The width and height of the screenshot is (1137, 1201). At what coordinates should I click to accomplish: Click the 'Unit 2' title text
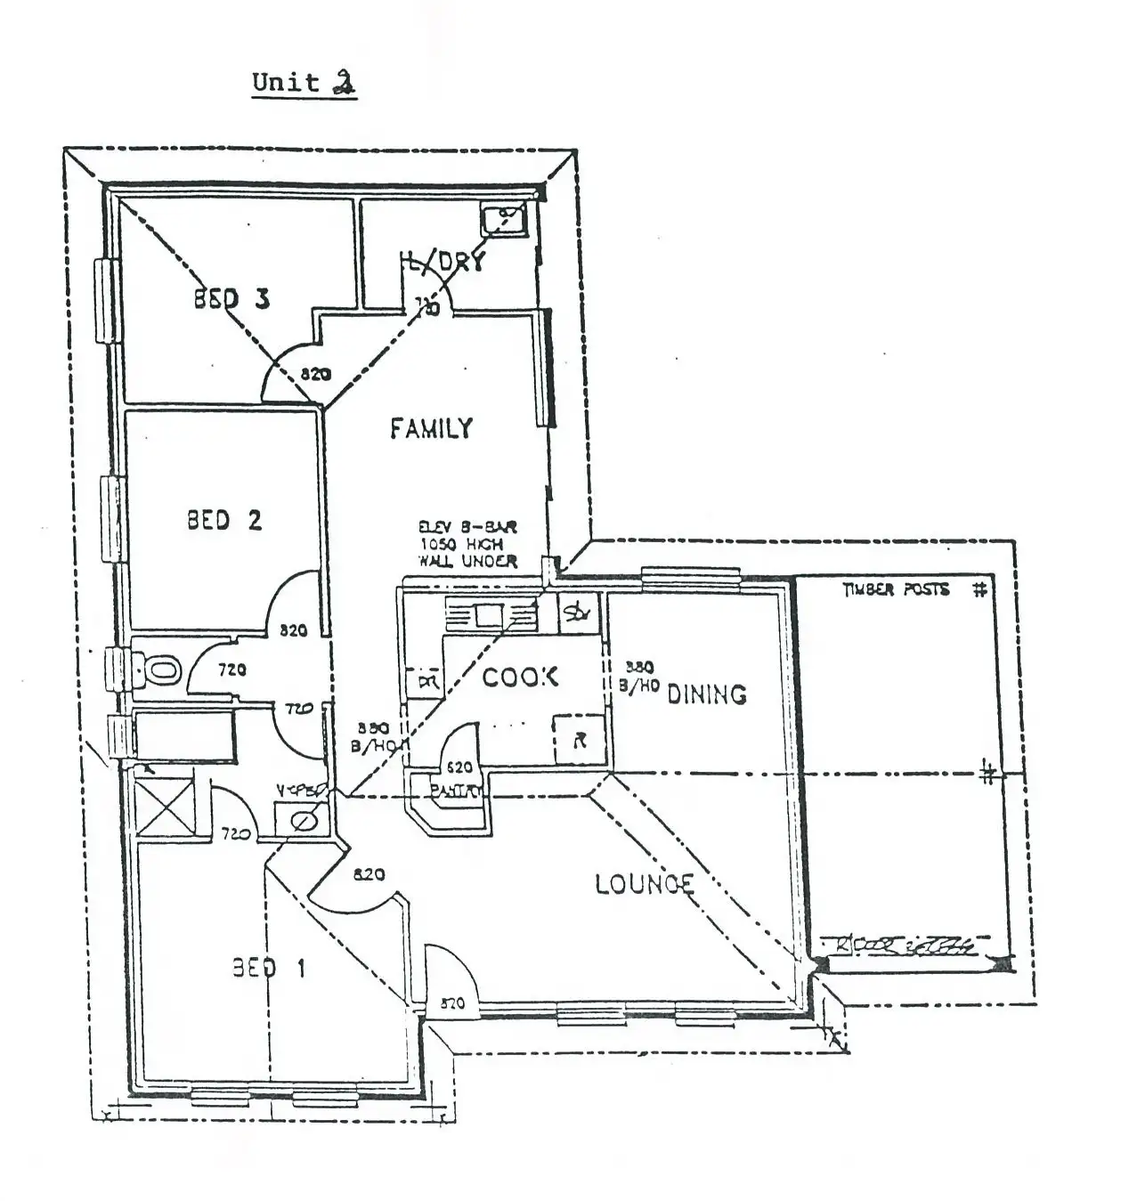click(x=304, y=83)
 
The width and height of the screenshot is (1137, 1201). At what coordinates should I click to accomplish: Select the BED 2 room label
click(x=224, y=519)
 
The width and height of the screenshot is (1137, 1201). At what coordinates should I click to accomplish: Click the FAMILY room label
click(x=431, y=428)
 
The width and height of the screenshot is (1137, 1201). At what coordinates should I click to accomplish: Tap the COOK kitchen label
click(x=520, y=677)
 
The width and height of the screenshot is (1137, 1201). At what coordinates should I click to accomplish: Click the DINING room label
click(x=706, y=694)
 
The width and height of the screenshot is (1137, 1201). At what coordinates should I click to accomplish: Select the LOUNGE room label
click(x=645, y=883)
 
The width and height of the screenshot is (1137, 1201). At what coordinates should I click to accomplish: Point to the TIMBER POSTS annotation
click(x=896, y=589)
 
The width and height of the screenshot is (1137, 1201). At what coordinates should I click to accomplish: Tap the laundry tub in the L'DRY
click(x=504, y=216)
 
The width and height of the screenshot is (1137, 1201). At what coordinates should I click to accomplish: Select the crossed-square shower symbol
click(x=163, y=807)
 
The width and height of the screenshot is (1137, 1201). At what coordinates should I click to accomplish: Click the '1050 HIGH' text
click(x=461, y=543)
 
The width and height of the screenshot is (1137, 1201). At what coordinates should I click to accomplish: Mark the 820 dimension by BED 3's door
click(x=315, y=374)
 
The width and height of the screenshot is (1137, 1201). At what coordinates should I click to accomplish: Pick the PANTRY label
click(x=455, y=790)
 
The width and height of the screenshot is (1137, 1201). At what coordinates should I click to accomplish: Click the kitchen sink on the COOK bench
click(x=490, y=615)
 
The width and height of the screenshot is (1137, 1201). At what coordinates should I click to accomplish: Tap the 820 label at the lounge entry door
click(x=452, y=1003)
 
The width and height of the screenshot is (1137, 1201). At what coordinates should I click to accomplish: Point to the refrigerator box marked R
click(x=580, y=740)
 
